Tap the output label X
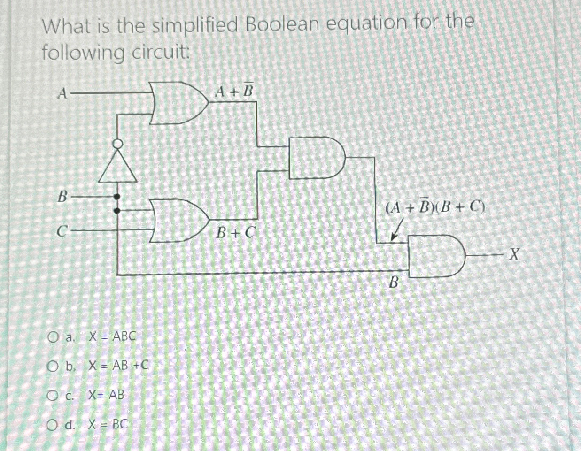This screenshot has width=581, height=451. [514, 255]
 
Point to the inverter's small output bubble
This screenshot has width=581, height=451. [117, 143]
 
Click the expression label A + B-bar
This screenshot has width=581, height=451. [234, 92]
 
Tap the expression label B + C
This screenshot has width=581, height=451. [235, 232]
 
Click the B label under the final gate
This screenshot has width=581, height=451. [394, 283]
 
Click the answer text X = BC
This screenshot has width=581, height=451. [108, 425]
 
